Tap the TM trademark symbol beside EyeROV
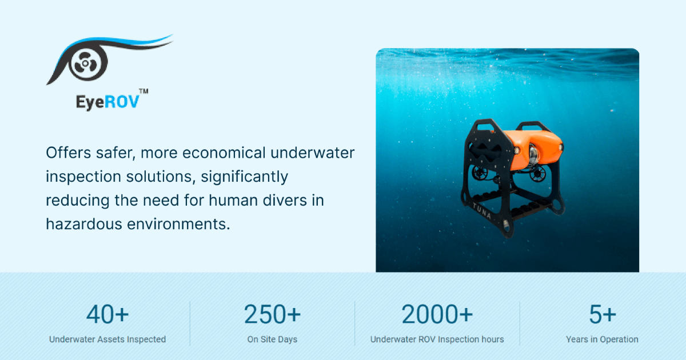[144, 92]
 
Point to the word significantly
[245, 177]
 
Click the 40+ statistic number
[107, 315]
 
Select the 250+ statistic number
[272, 315]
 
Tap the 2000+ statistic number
[437, 315]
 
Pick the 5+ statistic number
[603, 315]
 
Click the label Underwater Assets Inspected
[107, 339]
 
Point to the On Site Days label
[272, 339]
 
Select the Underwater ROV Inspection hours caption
[437, 339]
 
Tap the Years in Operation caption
[603, 339]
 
